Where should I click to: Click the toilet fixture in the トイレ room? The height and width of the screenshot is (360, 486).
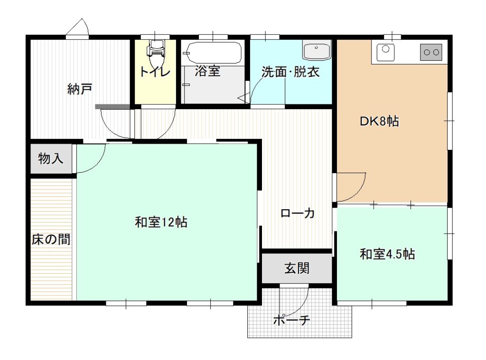point(156,53)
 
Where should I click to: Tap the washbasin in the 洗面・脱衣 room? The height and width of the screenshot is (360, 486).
point(317,50)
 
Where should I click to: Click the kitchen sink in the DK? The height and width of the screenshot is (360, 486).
point(385,52)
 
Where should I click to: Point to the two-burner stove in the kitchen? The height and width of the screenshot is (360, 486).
point(431,52)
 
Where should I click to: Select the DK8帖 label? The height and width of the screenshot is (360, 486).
point(379,121)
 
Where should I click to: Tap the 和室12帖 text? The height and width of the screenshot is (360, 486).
point(161,222)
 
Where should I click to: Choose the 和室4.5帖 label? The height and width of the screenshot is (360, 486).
point(387,254)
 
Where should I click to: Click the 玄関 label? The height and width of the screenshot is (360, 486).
point(297,268)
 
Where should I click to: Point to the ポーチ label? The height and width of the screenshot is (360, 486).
point(292,319)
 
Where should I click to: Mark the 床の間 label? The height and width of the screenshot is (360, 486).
point(51,239)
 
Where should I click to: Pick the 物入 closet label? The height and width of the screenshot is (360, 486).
point(50,158)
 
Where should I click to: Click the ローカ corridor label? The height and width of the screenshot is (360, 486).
point(298,213)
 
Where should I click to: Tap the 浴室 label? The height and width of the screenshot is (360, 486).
point(208,71)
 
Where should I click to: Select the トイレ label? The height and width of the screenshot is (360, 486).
point(155,72)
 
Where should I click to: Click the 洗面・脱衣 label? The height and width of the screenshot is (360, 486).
point(290,72)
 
